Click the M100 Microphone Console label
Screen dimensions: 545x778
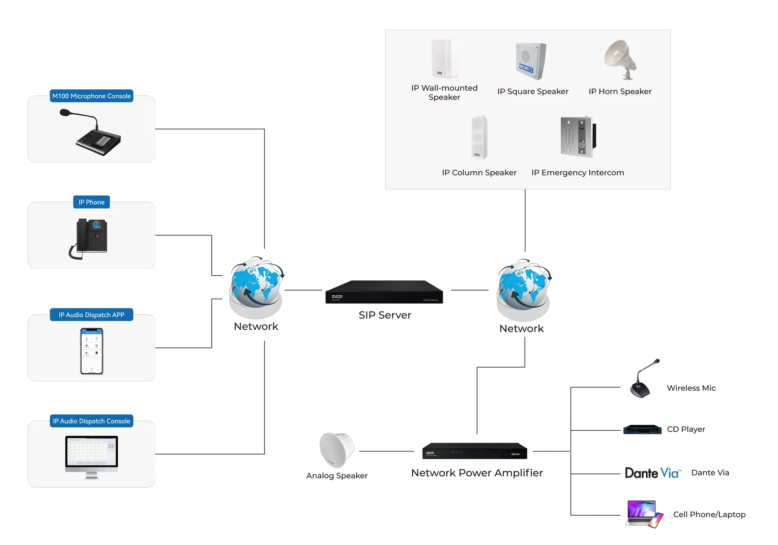click(x=91, y=96)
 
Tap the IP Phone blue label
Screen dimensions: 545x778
click(x=91, y=202)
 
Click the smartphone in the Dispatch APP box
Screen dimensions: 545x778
click(x=91, y=351)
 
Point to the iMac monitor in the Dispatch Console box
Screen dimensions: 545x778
click(x=91, y=454)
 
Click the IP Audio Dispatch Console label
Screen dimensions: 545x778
click(x=91, y=421)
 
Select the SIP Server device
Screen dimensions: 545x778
click(x=384, y=292)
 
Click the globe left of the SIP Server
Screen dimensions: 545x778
click(x=256, y=288)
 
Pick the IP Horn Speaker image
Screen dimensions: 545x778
click(x=620, y=59)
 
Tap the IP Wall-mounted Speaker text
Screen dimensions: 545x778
click(x=444, y=92)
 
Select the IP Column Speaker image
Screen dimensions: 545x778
click(x=479, y=137)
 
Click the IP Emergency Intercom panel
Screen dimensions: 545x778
click(x=578, y=137)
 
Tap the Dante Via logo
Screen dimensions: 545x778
click(x=651, y=473)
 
